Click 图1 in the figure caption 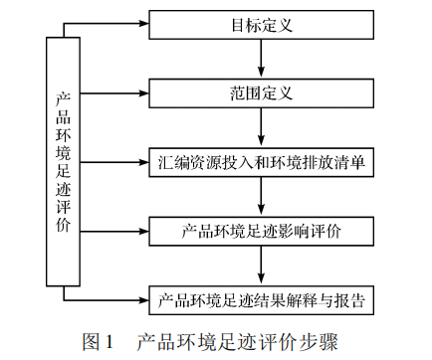[101, 342]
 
